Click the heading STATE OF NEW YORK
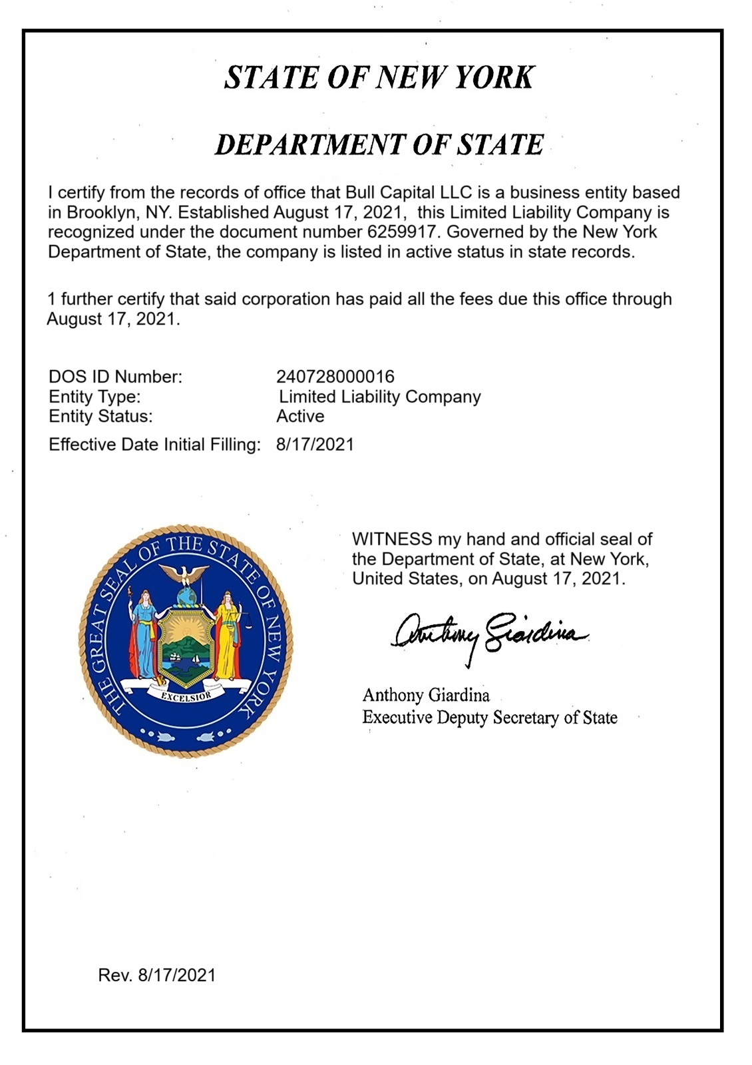pyautogui.click(x=379, y=77)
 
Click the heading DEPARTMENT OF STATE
pyautogui.click(x=379, y=144)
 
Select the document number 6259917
pyautogui.click(x=401, y=232)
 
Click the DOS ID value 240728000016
pyautogui.click(x=335, y=377)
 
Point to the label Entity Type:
pyautogui.click(x=94, y=397)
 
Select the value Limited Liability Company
pyautogui.click(x=379, y=397)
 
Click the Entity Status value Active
pyautogui.click(x=300, y=417)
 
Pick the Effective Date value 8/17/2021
pyautogui.click(x=315, y=445)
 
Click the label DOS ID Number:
pyautogui.click(x=115, y=377)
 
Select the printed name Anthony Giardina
pyautogui.click(x=425, y=696)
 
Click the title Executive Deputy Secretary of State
pyautogui.click(x=489, y=718)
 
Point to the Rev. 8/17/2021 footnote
pyautogui.click(x=157, y=975)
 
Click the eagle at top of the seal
pyautogui.click(x=186, y=574)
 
